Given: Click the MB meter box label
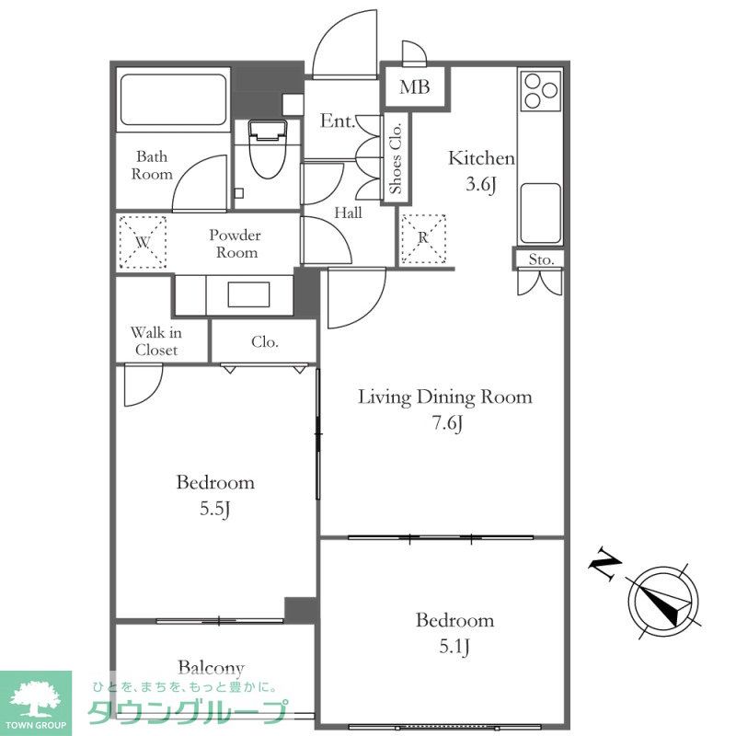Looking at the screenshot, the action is point(415,86).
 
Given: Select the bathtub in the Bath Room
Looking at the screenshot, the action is point(173,99).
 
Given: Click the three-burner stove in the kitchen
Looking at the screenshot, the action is point(541,90).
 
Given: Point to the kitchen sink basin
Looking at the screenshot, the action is point(541,213).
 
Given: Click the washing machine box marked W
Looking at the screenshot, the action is point(143,242).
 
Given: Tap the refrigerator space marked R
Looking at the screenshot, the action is point(423,238).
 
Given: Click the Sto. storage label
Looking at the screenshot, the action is point(541,259).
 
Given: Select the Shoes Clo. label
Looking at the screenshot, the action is point(396,158).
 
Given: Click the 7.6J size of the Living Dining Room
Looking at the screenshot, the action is point(447,423).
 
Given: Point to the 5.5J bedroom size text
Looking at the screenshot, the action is point(214,509).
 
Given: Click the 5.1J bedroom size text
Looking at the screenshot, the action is point(454,648).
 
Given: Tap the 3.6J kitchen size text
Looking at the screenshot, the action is point(481,184).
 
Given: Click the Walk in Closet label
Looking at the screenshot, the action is point(155,341).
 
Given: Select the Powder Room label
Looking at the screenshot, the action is point(236,244).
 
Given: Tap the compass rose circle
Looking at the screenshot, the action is point(663,602).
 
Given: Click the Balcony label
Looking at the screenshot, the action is point(211,669).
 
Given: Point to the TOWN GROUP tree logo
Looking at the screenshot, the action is point(36,703).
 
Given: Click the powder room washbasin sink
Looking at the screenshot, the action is point(248,294).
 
